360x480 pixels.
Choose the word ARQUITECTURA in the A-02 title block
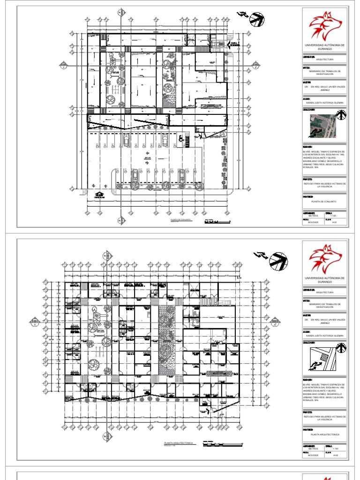(324, 292)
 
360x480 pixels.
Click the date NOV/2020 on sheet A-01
(313, 223)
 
